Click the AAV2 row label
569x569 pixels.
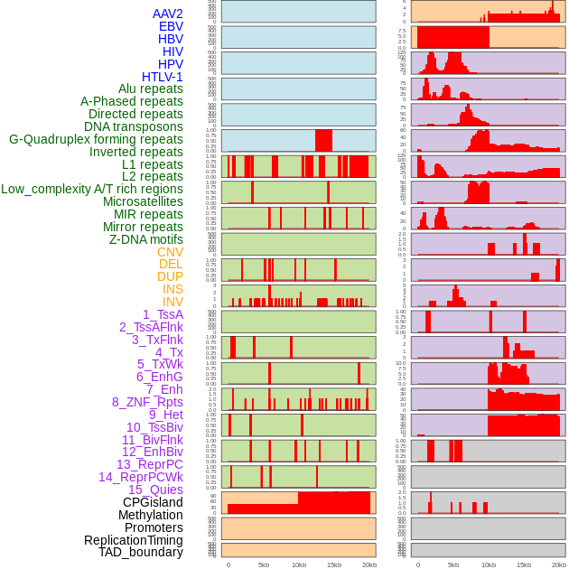click(x=167, y=14)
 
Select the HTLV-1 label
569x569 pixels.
click(x=162, y=77)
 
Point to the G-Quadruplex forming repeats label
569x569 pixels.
click(x=96, y=139)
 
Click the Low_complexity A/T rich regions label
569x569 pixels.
click(x=92, y=189)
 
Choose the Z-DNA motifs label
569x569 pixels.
click(x=146, y=239)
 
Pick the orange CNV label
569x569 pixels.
click(x=170, y=252)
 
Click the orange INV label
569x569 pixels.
click(x=173, y=302)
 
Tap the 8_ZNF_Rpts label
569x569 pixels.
click(x=147, y=402)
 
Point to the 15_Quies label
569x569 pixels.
click(x=155, y=490)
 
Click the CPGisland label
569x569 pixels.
click(x=153, y=502)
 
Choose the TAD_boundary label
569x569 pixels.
click(x=141, y=552)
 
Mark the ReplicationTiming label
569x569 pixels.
click(x=134, y=540)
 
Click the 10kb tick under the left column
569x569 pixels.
click(x=299, y=565)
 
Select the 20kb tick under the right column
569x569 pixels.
click(x=559, y=565)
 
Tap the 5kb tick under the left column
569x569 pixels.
click(x=264, y=565)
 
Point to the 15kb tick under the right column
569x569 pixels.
click(x=524, y=565)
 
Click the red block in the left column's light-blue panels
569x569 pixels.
click(x=323, y=141)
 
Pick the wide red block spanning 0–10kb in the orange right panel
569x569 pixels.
click(x=452, y=37)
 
